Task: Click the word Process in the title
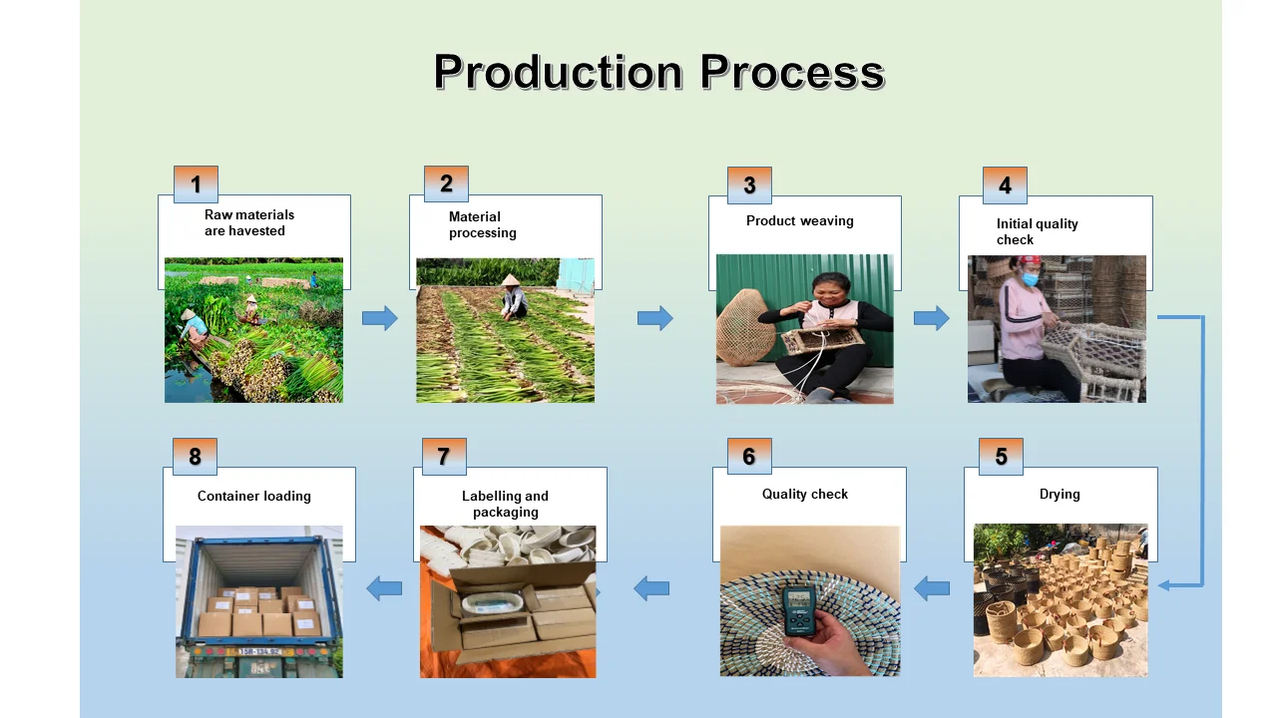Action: pos(792,73)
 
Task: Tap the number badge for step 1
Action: pos(196,184)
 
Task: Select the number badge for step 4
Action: pos(1005,185)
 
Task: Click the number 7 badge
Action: pos(444,457)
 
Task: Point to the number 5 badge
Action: pos(1001,457)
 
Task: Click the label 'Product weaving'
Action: pos(799,221)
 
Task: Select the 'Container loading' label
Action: pos(254,496)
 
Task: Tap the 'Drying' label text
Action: pos(1060,494)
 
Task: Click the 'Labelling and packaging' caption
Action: pos(505,504)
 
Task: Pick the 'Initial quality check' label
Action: pos(1037,231)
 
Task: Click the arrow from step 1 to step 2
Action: pos(379,318)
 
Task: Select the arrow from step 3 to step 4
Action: pos(931,318)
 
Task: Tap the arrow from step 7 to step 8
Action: pos(384,588)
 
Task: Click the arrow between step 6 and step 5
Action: pos(932,588)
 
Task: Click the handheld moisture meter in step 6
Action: pos(800,609)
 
